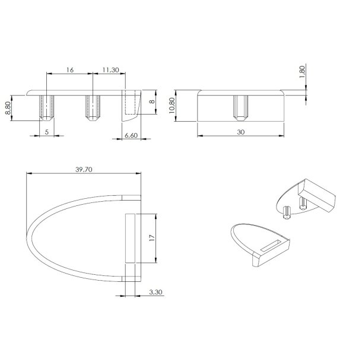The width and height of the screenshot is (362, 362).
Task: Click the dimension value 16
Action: pos(69,70)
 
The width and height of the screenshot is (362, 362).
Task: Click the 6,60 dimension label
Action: pos(131,136)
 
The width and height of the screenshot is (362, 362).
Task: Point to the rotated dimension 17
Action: pos(151,238)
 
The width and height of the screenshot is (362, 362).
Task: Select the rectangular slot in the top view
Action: pos(131,238)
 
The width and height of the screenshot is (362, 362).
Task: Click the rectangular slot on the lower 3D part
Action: pos(271,244)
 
